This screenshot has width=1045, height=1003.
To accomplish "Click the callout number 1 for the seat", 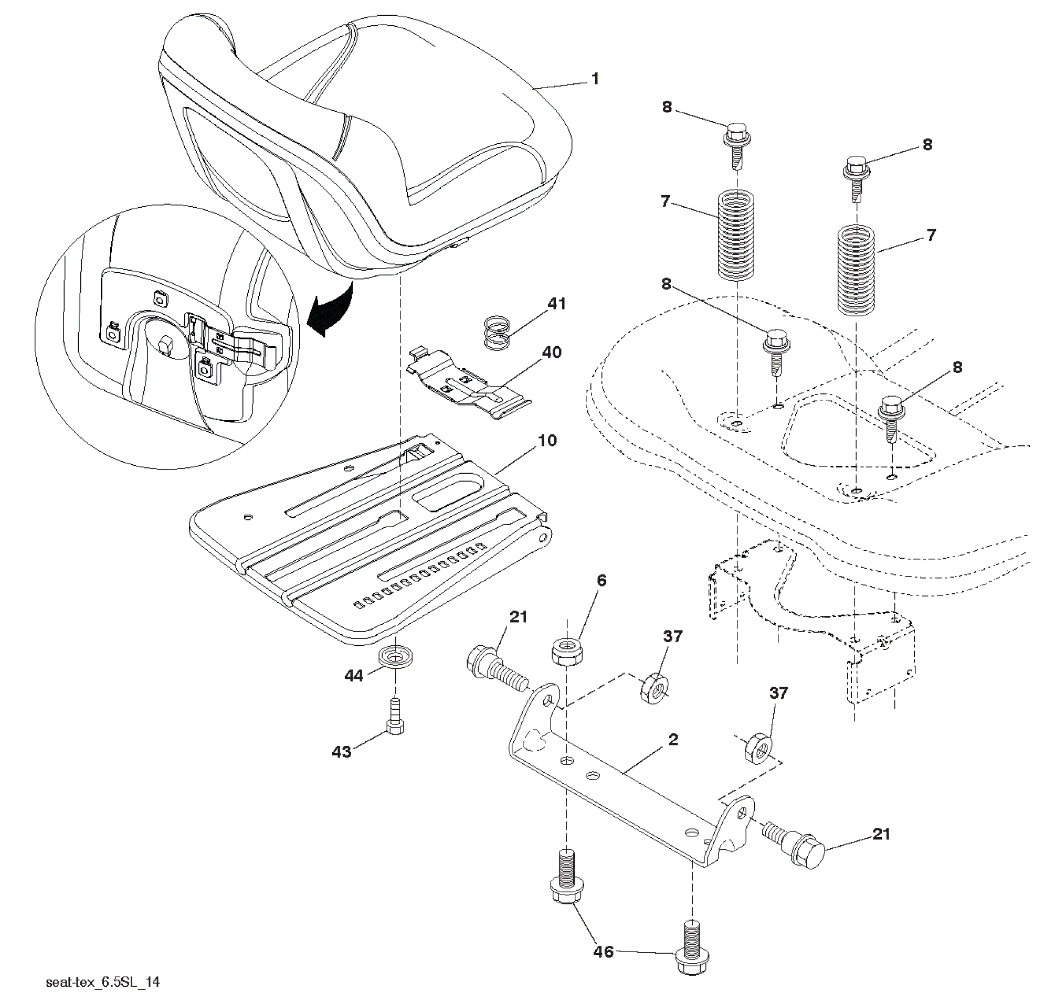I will pos(596,79).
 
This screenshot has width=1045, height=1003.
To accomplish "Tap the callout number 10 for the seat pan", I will pos(547,440).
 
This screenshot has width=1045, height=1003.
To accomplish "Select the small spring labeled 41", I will pos(498,333).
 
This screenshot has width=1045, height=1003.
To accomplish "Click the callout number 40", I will pos(552,353).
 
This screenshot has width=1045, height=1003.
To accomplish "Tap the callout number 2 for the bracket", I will pos(673,739).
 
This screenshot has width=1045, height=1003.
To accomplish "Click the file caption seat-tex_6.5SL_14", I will pos(102,981).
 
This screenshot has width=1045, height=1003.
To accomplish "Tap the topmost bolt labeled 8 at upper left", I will pos(737,144).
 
